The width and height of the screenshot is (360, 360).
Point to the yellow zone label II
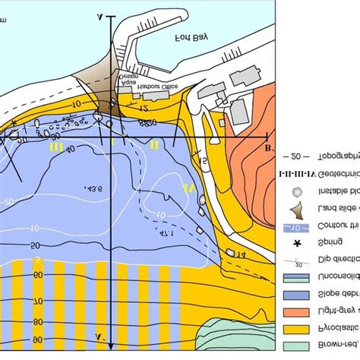[154, 144]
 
